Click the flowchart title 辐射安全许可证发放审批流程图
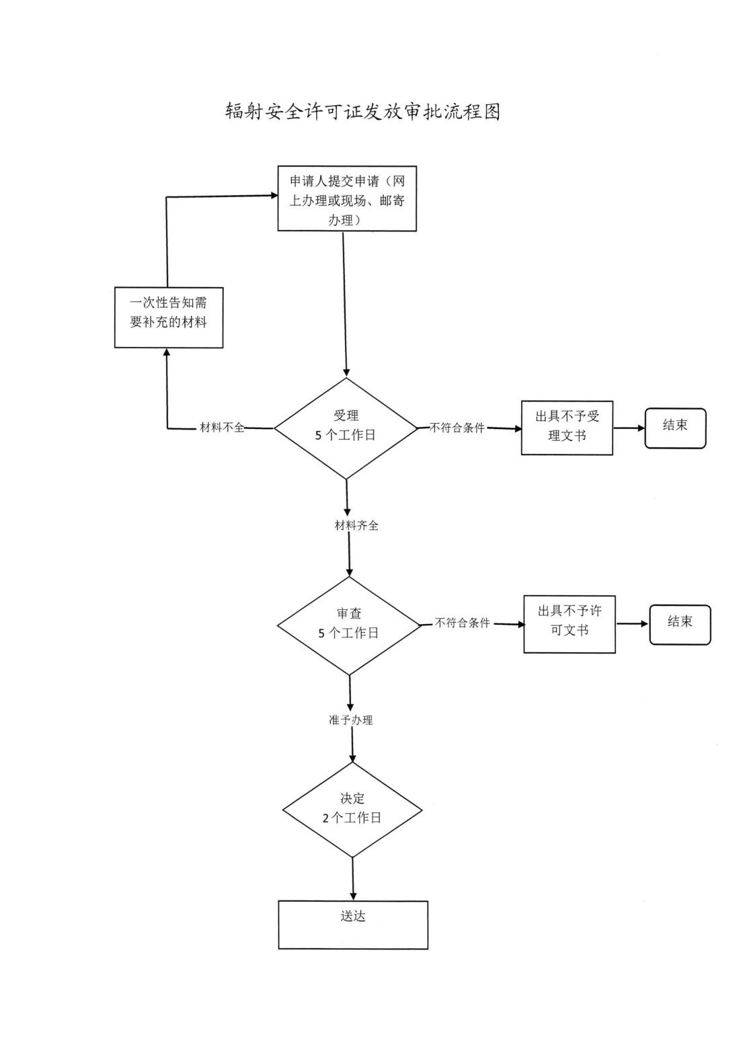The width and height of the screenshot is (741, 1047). click(x=362, y=112)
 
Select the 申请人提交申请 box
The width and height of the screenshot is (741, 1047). click(x=347, y=199)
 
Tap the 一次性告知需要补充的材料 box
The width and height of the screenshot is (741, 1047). click(x=168, y=317)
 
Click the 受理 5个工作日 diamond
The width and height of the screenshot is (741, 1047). click(x=346, y=428)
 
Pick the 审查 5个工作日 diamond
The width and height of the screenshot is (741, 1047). click(x=349, y=625)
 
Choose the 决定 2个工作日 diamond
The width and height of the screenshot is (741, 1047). click(x=352, y=809)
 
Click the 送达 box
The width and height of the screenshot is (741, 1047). click(x=353, y=925)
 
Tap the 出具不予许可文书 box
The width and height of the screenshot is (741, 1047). click(x=570, y=623)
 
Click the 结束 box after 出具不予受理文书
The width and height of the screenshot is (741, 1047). click(x=675, y=428)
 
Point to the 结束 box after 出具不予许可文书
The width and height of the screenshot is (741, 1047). click(x=679, y=625)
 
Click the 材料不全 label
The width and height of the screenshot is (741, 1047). click(x=223, y=428)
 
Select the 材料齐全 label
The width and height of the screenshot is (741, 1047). click(x=356, y=526)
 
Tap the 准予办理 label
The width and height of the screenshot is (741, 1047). click(x=346, y=720)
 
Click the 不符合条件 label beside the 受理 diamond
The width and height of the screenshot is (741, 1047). click(x=457, y=428)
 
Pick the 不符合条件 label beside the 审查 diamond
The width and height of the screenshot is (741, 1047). click(x=463, y=623)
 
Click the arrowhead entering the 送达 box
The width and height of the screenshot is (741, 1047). click(x=353, y=896)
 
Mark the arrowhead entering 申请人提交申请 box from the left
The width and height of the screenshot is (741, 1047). click(x=274, y=196)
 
